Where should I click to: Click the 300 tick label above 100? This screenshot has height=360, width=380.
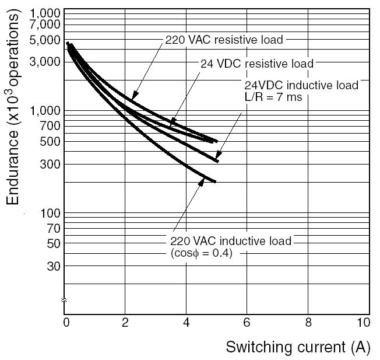tap(51, 164)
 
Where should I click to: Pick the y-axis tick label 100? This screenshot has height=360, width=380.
tap(51, 214)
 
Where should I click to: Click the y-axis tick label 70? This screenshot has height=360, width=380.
tap(53, 228)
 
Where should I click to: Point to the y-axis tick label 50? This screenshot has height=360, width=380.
tap(53, 243)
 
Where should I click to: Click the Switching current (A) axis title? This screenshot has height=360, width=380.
tap(298, 347)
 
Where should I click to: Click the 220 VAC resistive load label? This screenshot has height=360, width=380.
tap(224, 40)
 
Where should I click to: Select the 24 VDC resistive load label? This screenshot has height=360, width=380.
tap(257, 64)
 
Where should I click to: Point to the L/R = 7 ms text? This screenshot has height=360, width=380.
tap(273, 97)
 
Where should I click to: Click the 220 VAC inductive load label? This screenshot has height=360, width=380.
tap(230, 241)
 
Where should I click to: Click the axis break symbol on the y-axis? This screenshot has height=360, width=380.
tap(64, 300)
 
